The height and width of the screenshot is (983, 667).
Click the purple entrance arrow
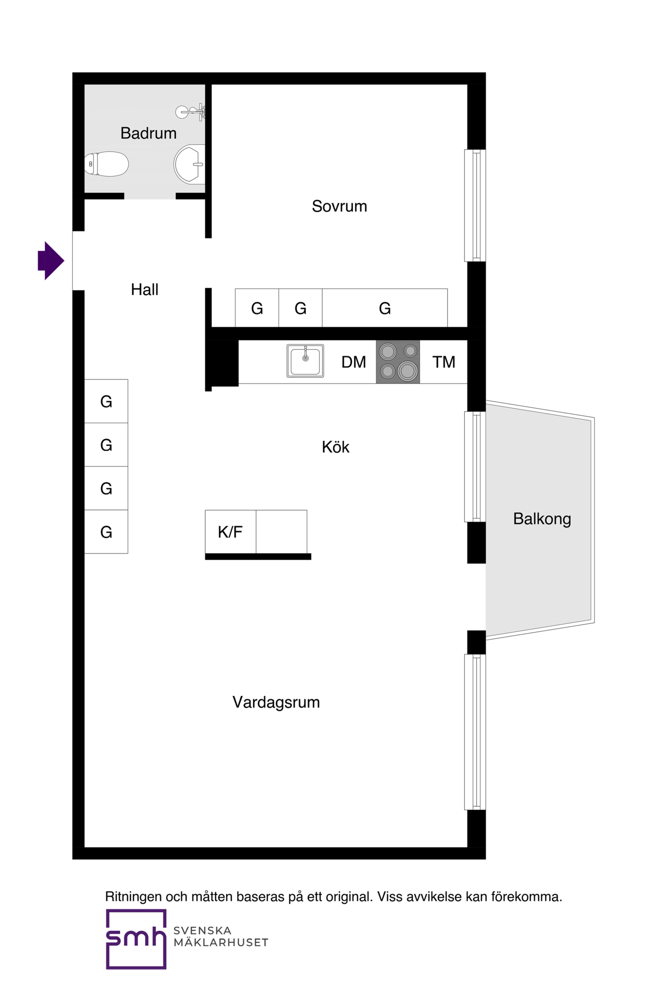[51, 261]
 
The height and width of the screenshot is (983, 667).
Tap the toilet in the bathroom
[106, 164]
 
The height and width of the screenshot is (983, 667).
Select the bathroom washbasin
[190, 164]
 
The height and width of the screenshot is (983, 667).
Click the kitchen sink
[305, 361]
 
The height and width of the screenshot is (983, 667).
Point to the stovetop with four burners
[398, 362]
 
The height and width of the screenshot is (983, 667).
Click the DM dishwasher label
[354, 362]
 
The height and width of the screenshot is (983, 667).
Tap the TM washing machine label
[444, 362]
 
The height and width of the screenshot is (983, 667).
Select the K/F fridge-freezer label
[230, 532]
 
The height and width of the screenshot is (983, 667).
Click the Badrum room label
[149, 133]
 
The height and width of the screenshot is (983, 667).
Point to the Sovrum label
[340, 206]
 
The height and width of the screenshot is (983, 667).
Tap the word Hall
[145, 290]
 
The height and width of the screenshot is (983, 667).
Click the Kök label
[336, 447]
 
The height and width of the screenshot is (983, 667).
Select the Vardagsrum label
[276, 703]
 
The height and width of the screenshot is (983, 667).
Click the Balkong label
[542, 519]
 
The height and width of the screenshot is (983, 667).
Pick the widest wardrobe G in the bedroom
[385, 308]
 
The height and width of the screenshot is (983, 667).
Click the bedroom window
[475, 205]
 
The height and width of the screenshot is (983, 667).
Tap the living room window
[475, 732]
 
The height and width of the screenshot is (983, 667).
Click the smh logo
[137, 939]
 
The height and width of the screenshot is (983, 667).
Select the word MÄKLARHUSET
[221, 942]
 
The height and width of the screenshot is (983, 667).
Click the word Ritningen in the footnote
[134, 897]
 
